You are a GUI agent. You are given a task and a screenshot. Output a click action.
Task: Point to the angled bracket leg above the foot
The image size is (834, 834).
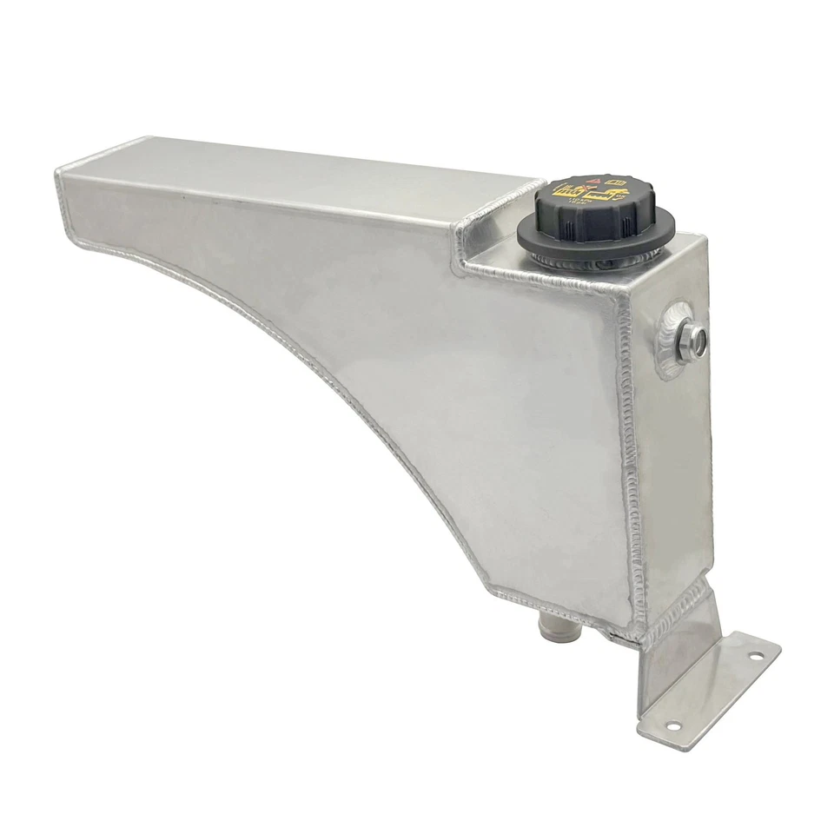(x=678, y=643)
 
